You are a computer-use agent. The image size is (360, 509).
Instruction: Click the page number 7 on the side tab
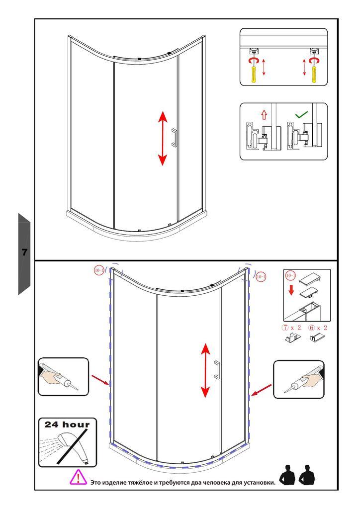24,252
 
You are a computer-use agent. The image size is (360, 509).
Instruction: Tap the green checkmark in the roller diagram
301,114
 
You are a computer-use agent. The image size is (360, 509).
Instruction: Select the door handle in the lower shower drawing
217,369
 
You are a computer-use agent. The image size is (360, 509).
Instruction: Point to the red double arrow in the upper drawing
162,138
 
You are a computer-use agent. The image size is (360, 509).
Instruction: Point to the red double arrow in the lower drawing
205,370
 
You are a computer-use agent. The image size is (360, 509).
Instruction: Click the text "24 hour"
67,424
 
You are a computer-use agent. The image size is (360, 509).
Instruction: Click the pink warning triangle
78,477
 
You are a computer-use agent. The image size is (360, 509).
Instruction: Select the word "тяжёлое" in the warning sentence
141,482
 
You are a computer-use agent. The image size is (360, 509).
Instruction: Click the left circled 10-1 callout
99,270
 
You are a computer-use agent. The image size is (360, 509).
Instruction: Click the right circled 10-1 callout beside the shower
261,276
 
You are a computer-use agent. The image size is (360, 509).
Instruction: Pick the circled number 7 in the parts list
285,328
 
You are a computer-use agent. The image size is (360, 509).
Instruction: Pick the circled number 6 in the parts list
312,328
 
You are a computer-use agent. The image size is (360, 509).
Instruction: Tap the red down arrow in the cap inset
291,290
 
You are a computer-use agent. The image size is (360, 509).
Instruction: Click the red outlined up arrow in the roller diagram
264,115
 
